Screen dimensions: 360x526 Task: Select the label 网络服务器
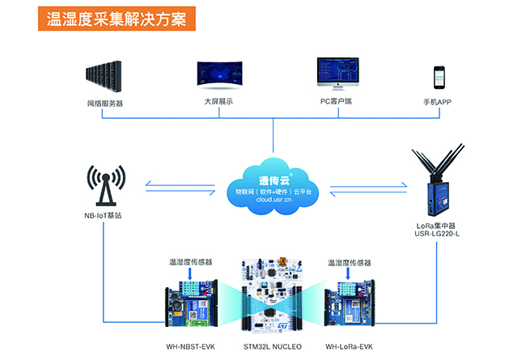(105, 104)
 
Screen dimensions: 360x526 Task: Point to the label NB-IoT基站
(103, 216)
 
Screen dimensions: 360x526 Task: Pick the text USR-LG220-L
(437, 235)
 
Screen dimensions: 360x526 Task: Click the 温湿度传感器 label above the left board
(191, 263)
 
